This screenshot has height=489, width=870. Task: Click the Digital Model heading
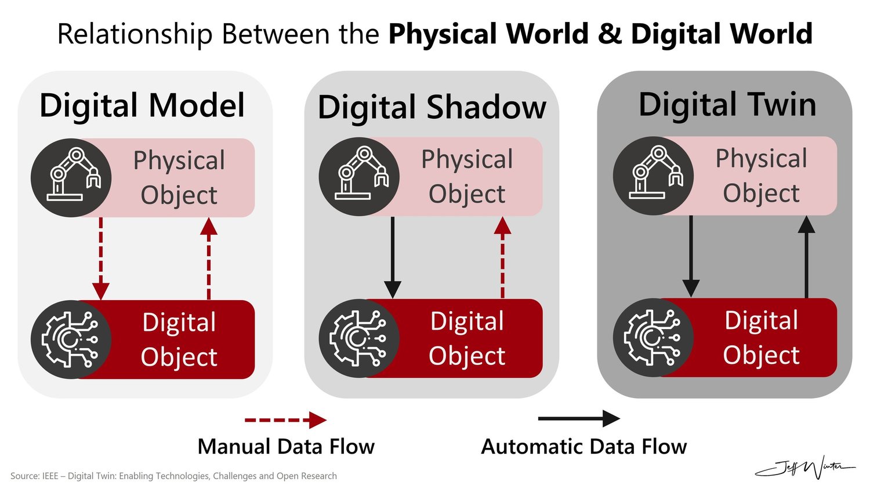(x=142, y=105)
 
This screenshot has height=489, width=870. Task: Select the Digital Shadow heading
(x=432, y=107)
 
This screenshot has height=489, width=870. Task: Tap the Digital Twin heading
(x=727, y=104)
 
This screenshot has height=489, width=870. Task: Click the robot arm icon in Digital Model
(x=71, y=177)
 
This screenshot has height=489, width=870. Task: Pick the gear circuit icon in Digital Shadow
(x=359, y=338)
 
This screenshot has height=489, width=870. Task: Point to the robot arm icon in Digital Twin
(x=653, y=176)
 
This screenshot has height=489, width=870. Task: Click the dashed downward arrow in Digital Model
(x=101, y=258)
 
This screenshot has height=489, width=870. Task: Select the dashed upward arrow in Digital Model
(x=209, y=258)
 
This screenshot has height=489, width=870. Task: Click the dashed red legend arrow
(x=285, y=420)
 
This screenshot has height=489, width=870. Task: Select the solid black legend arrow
(x=579, y=418)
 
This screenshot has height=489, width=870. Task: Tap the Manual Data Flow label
(x=286, y=447)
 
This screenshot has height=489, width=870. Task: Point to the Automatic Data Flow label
(x=583, y=447)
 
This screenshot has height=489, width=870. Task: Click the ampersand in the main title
(x=610, y=34)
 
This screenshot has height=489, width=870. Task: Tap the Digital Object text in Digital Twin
(x=761, y=337)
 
